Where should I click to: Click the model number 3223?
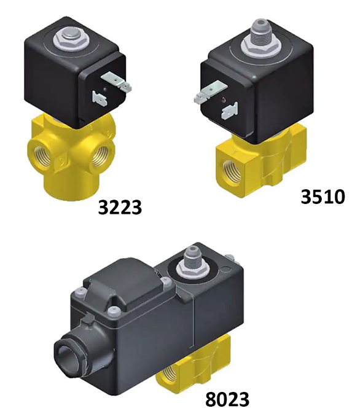tap(120, 208)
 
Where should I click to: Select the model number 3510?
tap(323, 197)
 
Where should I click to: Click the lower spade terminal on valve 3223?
tap(96, 98)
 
